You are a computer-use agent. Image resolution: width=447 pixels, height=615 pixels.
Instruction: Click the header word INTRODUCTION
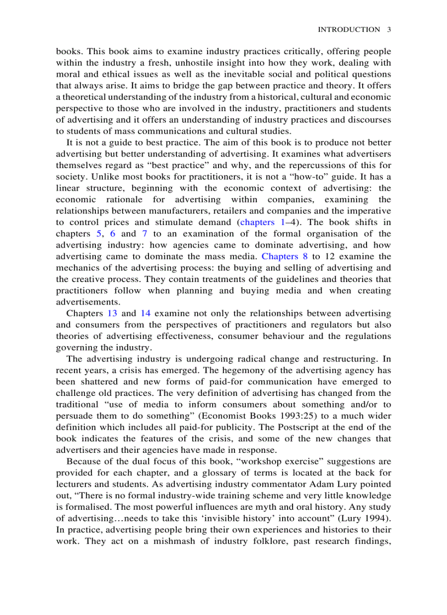[348, 30]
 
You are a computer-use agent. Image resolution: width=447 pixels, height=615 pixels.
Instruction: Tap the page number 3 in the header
[388, 30]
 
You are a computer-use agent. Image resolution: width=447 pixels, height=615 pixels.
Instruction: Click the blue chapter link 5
[99, 233]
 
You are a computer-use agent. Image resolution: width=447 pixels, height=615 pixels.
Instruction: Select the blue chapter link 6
[113, 233]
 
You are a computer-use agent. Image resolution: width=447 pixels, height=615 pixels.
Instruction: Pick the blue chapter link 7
[145, 233]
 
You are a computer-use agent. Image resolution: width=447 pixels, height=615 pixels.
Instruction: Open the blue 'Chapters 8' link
[284, 256]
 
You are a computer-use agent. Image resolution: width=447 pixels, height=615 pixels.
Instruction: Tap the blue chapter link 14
[146, 313]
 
